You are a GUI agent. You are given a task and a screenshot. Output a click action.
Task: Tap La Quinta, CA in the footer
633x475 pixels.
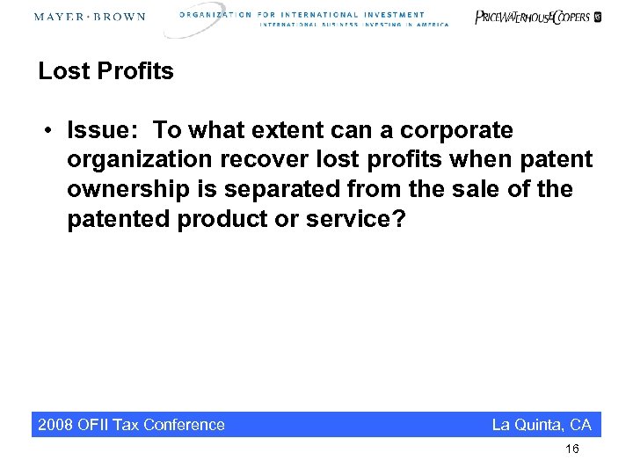point(542,425)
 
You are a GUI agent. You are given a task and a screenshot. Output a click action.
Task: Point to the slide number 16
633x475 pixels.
point(572,449)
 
